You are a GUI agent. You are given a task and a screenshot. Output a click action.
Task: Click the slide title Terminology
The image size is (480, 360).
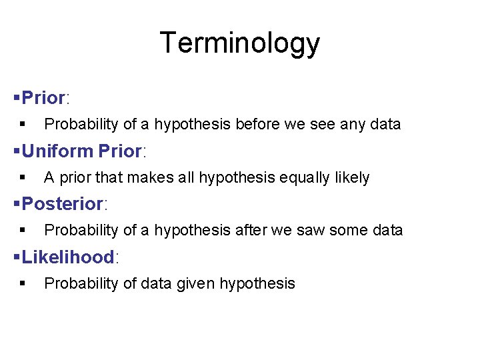(240, 43)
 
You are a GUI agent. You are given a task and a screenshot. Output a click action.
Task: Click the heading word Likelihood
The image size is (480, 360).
(68, 257)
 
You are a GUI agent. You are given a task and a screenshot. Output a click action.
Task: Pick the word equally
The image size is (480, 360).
(295, 177)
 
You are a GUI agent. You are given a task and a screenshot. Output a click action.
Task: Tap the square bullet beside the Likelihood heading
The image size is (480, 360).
(17, 257)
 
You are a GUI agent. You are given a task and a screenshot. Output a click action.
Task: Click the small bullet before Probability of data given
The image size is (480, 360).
(23, 283)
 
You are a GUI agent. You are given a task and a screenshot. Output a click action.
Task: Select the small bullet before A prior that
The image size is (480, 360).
(23, 177)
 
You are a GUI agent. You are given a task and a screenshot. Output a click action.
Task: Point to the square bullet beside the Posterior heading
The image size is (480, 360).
(17, 203)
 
